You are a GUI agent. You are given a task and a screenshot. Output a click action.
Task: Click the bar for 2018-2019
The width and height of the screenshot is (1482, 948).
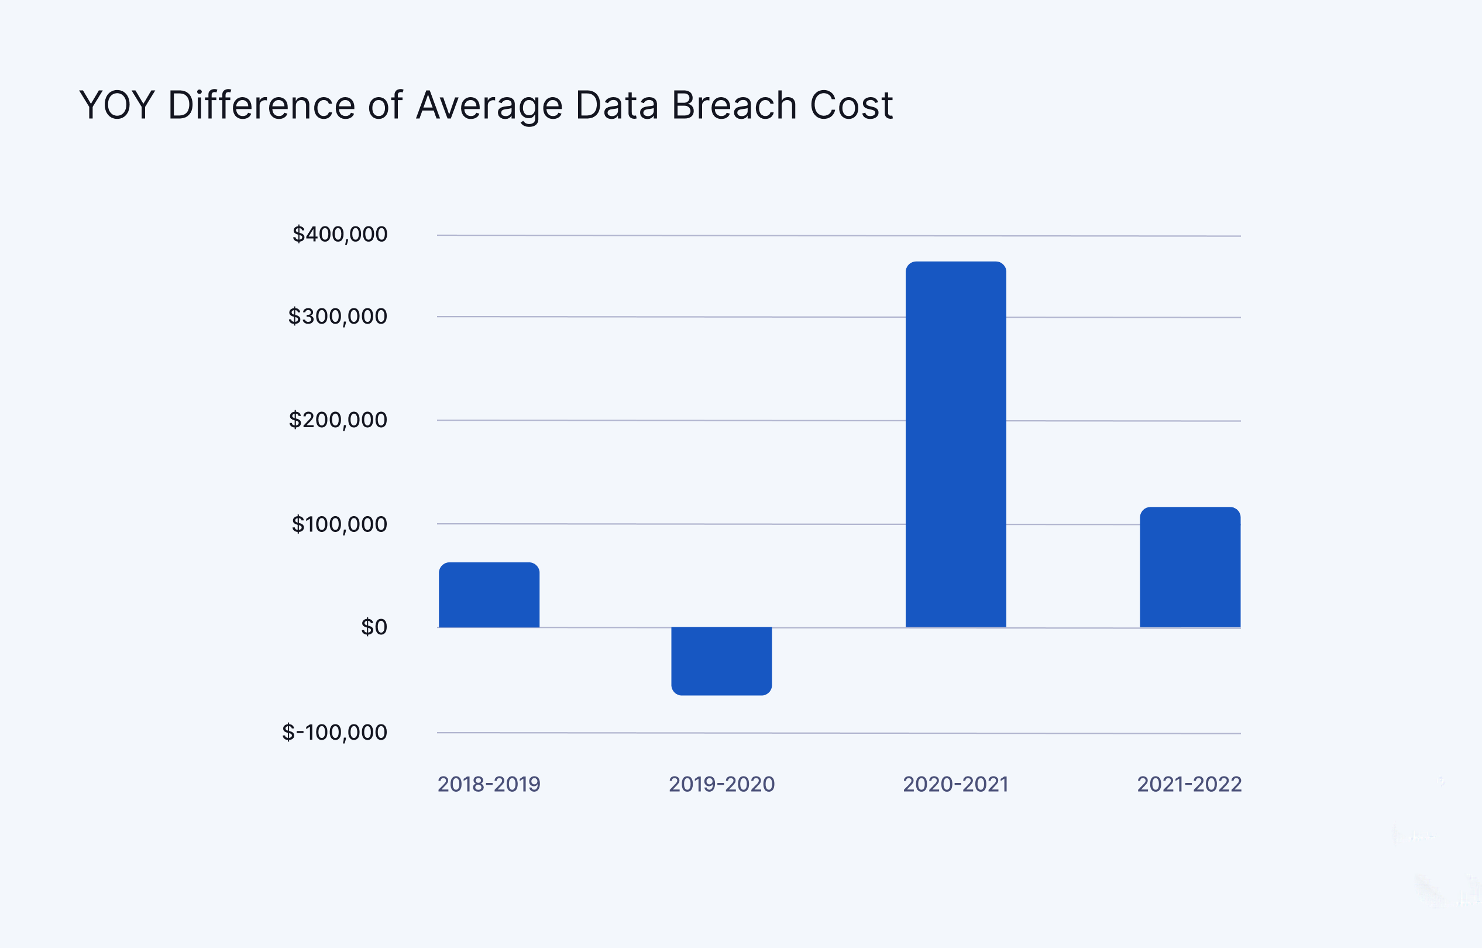[489, 595]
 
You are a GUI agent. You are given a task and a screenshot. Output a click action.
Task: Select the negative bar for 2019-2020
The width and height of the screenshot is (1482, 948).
[721, 661]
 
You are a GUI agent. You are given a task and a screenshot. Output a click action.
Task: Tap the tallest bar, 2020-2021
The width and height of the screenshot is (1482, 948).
[955, 445]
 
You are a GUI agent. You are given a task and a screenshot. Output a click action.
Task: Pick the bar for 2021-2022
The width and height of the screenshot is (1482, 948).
[1189, 567]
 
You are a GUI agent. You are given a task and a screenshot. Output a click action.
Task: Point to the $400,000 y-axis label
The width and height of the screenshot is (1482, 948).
[340, 235]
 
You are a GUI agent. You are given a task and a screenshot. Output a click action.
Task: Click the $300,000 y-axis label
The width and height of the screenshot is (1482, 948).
[337, 317]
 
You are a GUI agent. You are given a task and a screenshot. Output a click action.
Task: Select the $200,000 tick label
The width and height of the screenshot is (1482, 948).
[338, 420]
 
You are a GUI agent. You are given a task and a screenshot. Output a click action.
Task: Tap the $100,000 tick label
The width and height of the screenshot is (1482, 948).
[339, 524]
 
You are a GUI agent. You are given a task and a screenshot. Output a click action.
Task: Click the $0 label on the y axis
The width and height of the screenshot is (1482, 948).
[374, 627]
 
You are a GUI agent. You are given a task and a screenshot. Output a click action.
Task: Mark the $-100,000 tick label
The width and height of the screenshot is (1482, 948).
[334, 733]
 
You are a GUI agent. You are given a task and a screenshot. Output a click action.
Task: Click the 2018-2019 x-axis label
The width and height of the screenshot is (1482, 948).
[489, 784]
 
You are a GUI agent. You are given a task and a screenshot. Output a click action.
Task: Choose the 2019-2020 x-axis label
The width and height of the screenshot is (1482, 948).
[721, 784]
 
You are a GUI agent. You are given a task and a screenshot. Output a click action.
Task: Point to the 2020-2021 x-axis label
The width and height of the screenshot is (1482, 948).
[955, 784]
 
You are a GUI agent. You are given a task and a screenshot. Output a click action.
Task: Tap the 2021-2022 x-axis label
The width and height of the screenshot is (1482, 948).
[1189, 784]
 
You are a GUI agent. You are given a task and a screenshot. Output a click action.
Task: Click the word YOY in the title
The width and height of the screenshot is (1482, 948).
[117, 105]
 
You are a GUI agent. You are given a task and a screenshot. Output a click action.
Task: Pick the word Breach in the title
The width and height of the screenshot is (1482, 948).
[734, 105]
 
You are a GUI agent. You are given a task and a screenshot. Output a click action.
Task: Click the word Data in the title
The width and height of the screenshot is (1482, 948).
[617, 105]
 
